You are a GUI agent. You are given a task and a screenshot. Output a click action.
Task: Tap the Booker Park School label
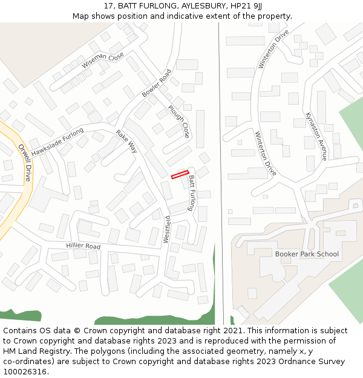[x=307, y=254]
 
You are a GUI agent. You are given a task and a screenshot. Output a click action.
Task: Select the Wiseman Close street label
[x=103, y=60]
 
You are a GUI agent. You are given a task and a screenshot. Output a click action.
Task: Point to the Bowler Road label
[x=157, y=83]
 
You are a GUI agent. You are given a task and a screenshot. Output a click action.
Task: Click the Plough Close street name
[x=179, y=121]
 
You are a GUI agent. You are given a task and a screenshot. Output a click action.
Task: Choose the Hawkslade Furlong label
[x=57, y=142]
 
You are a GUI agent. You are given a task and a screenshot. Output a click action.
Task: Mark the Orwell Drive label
[x=24, y=163]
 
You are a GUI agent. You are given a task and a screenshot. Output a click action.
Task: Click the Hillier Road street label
[x=83, y=246]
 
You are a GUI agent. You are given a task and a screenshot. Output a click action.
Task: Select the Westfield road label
[x=167, y=229]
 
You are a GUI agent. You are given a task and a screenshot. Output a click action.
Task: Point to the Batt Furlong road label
[x=192, y=193]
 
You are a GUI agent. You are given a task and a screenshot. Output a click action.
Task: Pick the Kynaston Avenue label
[x=316, y=136]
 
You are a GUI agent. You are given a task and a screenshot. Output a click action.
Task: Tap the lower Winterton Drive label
[x=266, y=154]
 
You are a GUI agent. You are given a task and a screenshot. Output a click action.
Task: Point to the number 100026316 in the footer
[x=25, y=371]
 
